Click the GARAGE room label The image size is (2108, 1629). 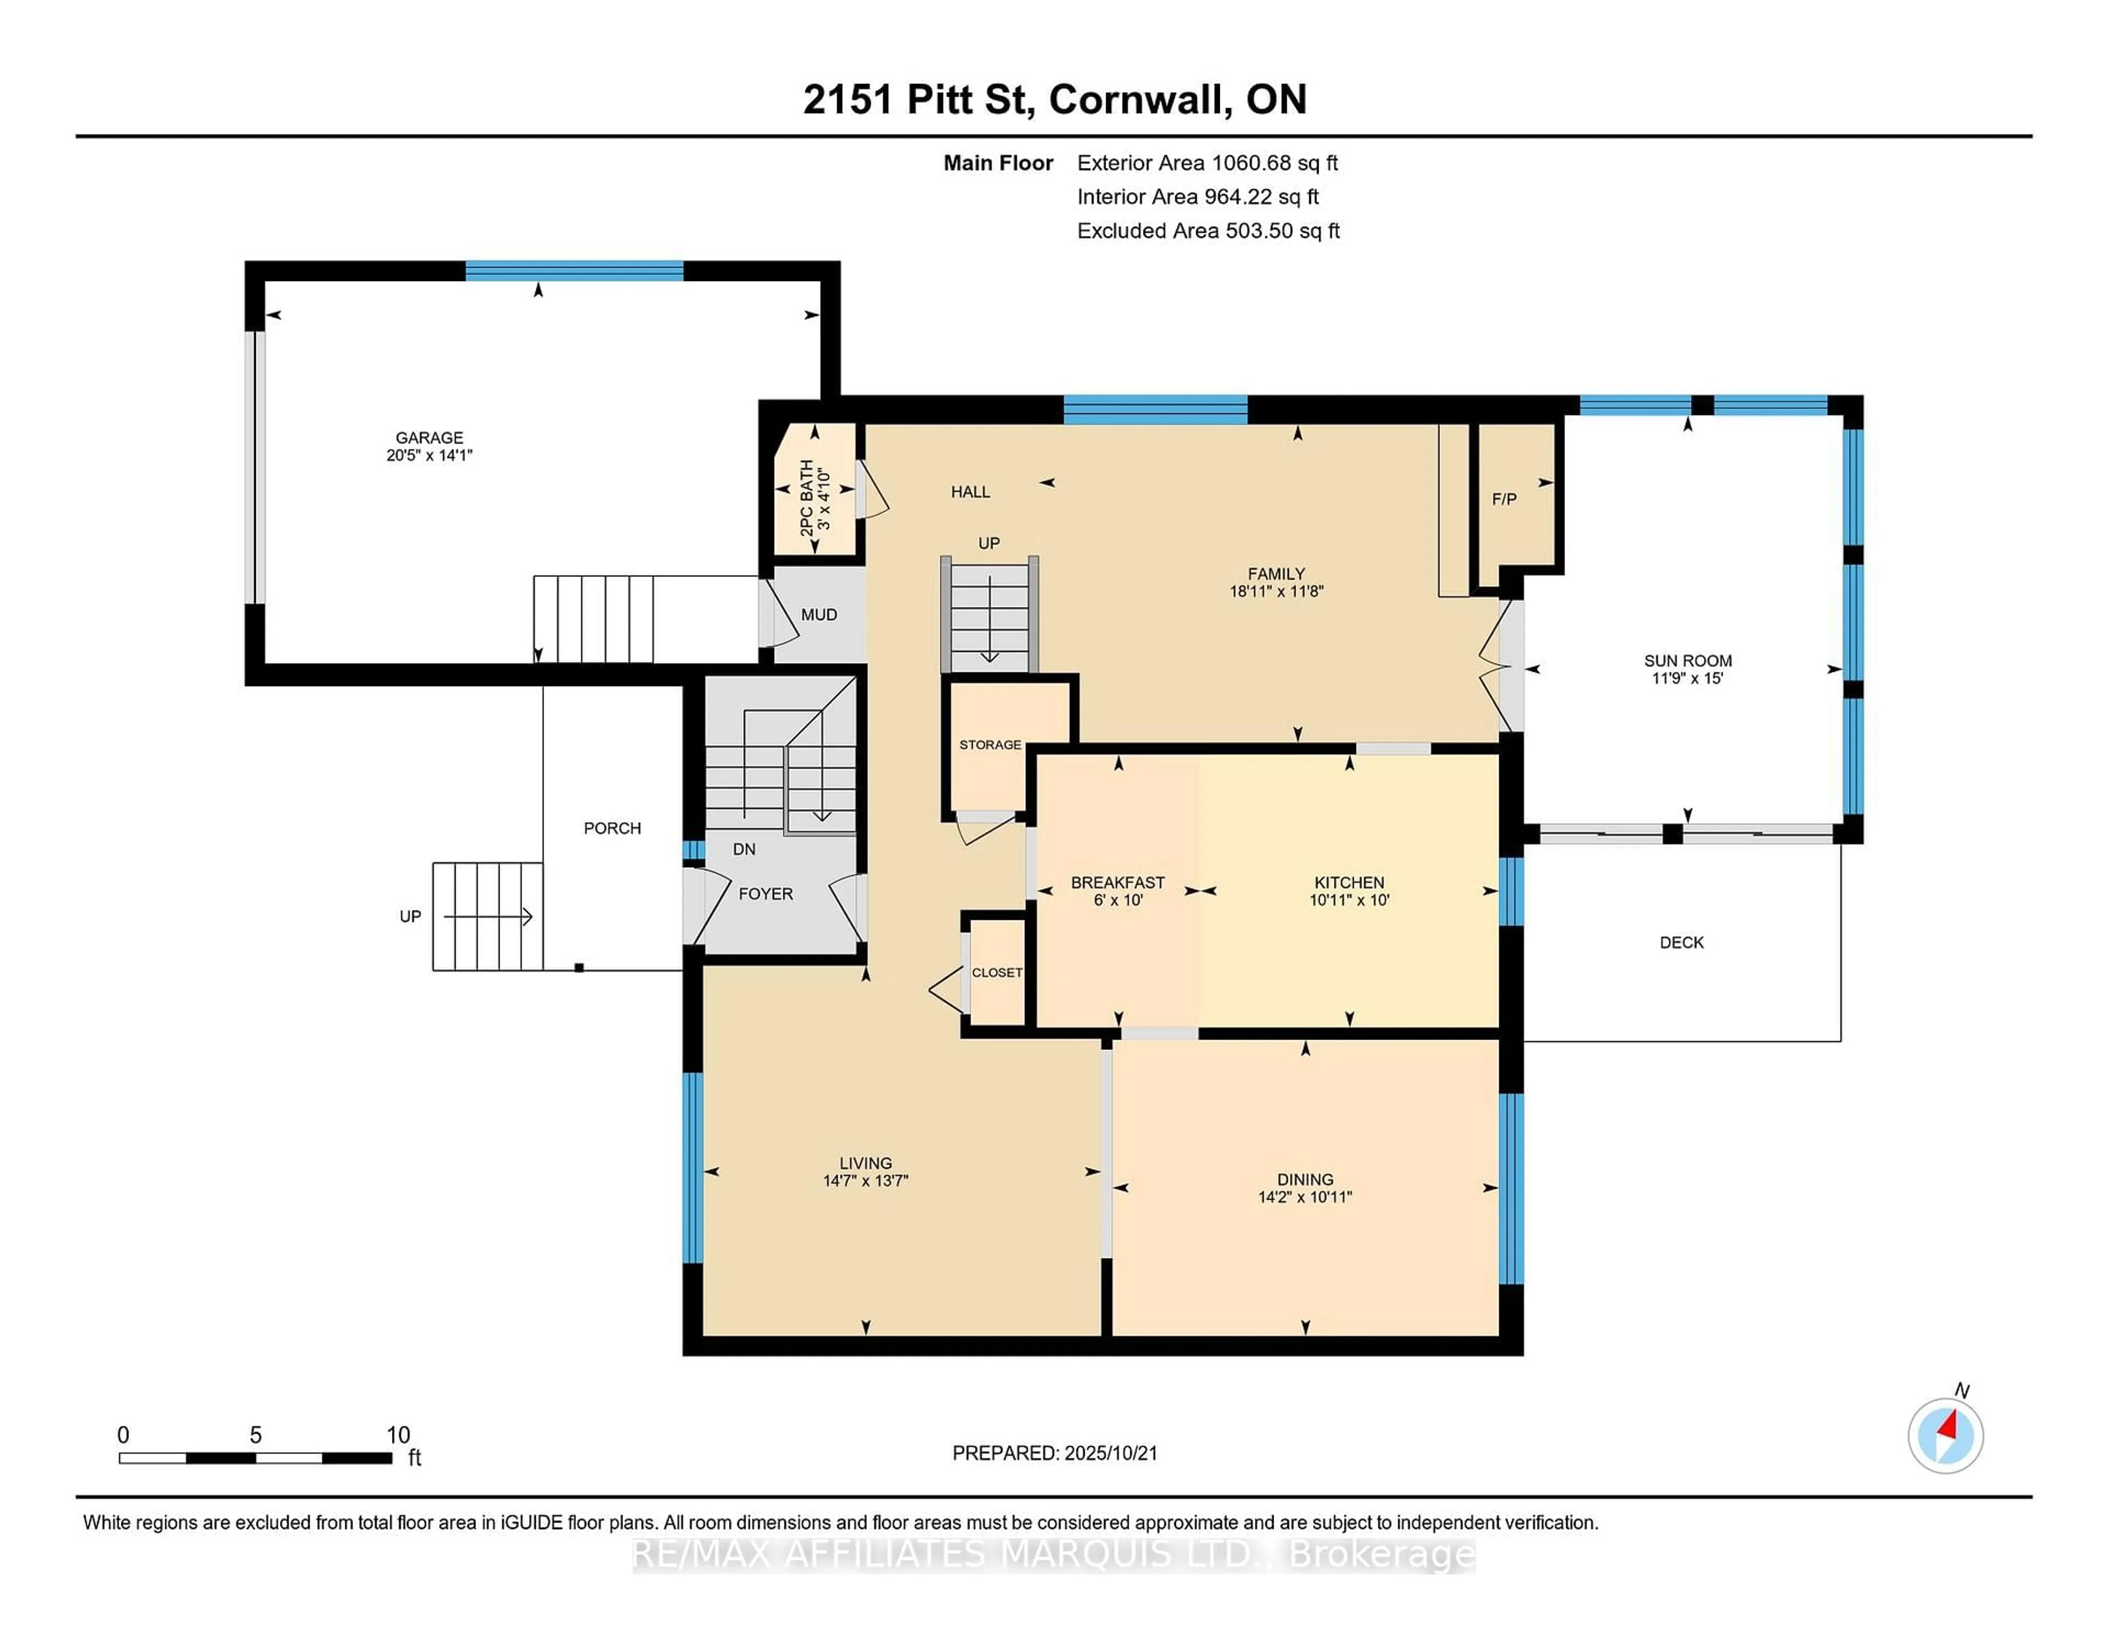click(429, 437)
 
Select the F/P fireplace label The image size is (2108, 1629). click(1504, 499)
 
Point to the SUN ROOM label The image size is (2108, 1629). click(1687, 661)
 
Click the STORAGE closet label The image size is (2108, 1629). click(989, 745)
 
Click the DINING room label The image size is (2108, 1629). click(1305, 1179)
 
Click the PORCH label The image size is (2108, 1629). click(612, 828)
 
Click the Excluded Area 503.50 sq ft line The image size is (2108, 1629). click(1208, 231)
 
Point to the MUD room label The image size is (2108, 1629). click(818, 615)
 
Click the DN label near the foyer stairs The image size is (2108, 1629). click(743, 849)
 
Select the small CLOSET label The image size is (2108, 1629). click(996, 973)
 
